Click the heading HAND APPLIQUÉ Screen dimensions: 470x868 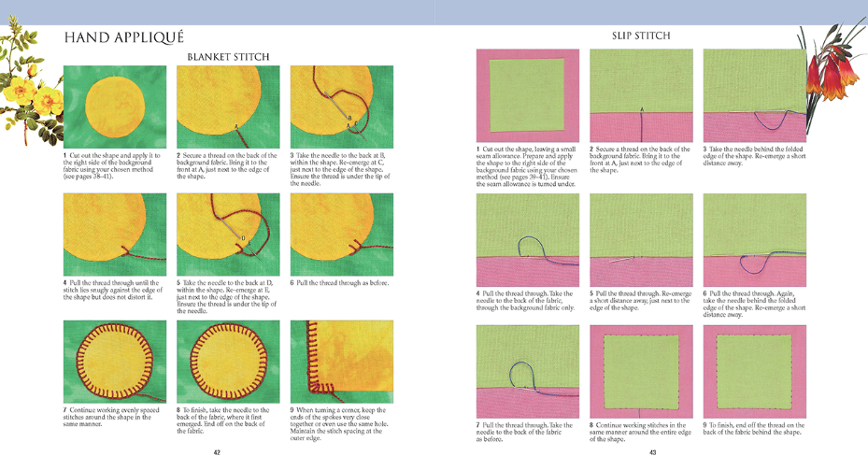(123, 38)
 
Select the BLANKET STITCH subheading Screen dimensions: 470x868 (228, 57)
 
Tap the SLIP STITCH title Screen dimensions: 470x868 (641, 36)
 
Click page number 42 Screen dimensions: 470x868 (217, 452)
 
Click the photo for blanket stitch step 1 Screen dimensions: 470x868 (115, 107)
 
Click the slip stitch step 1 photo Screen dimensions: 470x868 (527, 95)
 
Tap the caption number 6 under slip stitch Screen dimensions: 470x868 (705, 292)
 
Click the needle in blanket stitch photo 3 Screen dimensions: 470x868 (329, 106)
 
